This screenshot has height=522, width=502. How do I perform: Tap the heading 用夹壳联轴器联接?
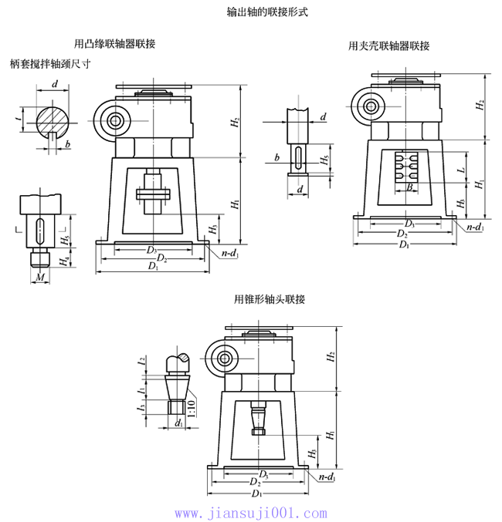(388, 46)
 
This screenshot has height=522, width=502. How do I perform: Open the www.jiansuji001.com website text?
(250, 513)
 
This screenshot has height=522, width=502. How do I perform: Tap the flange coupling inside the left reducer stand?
(153, 194)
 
